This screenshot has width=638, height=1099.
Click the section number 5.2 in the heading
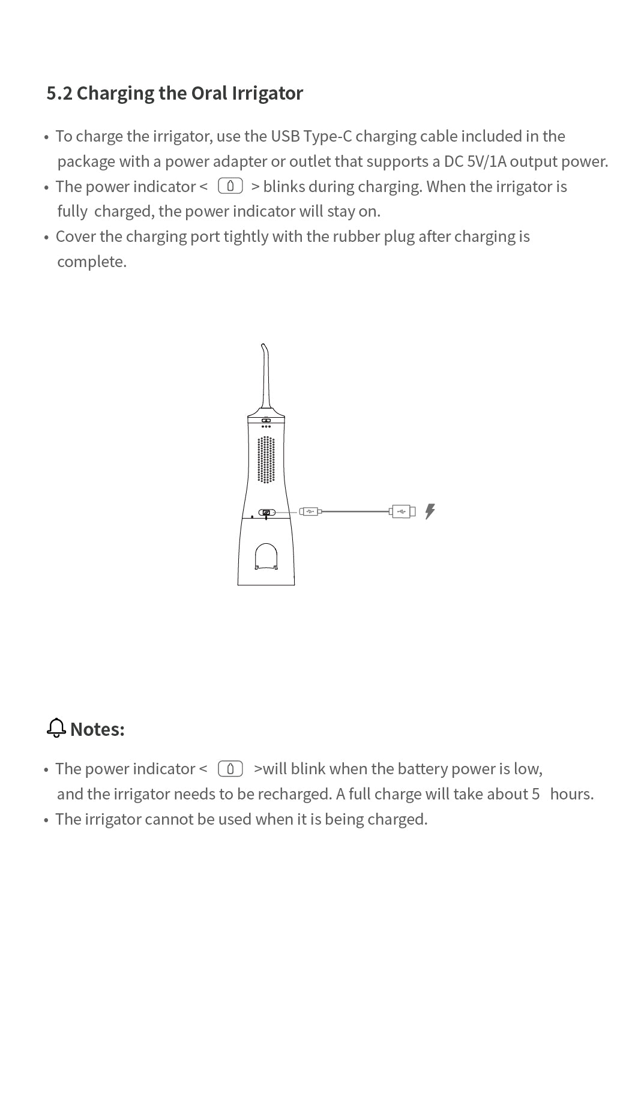click(59, 94)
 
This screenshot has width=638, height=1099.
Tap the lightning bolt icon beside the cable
click(430, 511)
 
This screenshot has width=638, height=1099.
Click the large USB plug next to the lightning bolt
click(402, 511)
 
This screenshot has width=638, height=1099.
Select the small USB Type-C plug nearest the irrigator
click(310, 512)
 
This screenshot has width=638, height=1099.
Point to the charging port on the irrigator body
click(266, 513)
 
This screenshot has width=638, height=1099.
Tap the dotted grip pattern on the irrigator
click(266, 460)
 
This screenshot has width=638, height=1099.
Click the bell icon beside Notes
click(56, 728)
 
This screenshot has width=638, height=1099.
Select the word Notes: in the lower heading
click(97, 729)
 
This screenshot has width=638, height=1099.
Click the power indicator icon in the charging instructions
click(230, 186)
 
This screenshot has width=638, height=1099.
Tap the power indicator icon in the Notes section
click(230, 768)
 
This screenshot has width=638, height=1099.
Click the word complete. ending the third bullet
click(92, 262)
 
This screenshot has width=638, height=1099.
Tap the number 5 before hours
click(535, 794)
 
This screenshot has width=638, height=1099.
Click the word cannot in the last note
click(169, 819)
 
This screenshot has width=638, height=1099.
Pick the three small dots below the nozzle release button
click(266, 427)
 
